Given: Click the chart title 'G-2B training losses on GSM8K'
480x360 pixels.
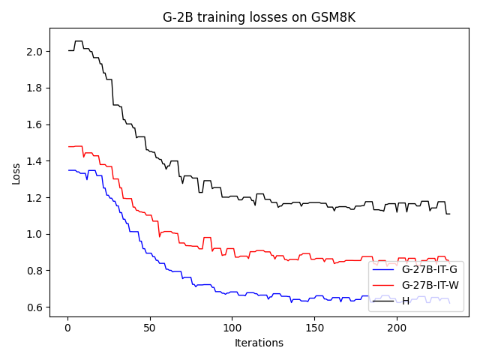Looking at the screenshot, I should [259, 17].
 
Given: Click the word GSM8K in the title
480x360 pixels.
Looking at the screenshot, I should [333, 17].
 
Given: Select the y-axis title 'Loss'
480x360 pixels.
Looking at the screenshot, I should [16, 173].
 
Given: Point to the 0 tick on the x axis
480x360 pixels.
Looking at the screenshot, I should [67, 327].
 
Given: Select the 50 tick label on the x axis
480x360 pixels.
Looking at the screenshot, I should [150, 327].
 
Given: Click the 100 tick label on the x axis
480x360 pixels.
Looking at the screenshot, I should [232, 327].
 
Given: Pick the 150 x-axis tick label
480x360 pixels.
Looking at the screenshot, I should [314, 327].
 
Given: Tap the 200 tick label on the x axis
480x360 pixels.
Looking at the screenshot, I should [397, 327].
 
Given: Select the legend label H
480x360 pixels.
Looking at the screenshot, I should [406, 301].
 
